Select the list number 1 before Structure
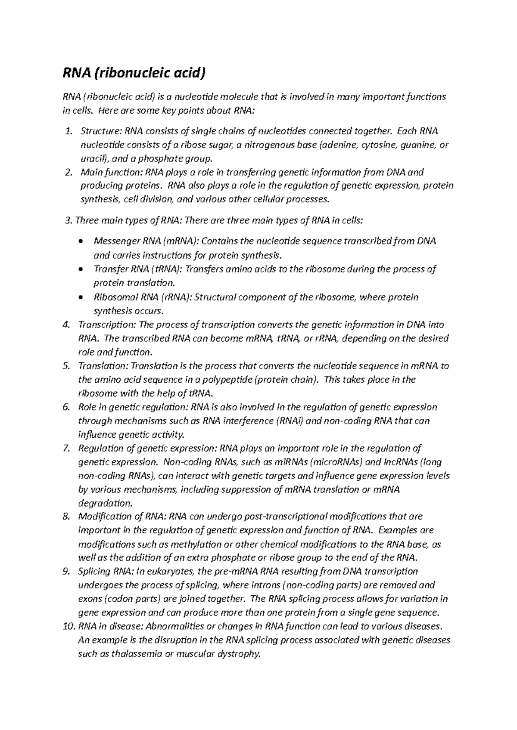[68, 131]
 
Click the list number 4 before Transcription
[66, 325]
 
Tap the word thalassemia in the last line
[137, 654]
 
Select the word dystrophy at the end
[240, 654]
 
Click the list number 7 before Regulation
[66, 449]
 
